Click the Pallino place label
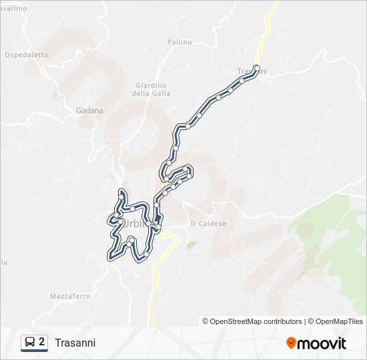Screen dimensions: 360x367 tap(179, 42)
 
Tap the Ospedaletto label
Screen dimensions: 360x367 tap(27, 55)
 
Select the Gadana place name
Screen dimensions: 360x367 tap(90, 111)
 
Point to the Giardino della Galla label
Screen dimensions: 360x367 tap(152, 89)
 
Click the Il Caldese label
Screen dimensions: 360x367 tap(208, 223)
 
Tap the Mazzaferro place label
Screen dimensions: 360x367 tap(69, 296)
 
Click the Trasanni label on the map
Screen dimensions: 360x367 tap(252, 71)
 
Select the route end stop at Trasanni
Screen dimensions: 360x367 tap(257, 67)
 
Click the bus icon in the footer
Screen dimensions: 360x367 tap(29, 342)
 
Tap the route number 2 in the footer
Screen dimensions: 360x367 tap(42, 342)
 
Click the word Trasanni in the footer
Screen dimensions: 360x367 tap(75, 343)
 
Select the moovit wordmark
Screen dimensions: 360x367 tap(322, 343)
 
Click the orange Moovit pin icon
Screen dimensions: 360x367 tap(291, 343)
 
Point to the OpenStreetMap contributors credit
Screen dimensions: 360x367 tap(252, 321)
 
